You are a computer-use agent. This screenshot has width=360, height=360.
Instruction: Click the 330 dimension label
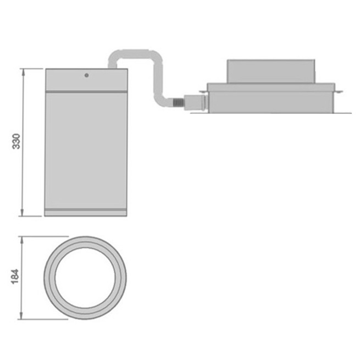(16, 141)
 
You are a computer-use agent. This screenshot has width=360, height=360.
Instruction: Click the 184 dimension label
(15, 276)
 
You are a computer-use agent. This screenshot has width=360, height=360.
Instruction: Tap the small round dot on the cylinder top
(86, 75)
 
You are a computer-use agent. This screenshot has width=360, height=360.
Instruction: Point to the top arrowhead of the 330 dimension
(23, 72)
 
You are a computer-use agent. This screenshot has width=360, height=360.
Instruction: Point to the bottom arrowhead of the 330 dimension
(23, 212)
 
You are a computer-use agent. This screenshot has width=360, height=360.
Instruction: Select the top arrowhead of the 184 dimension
(22, 240)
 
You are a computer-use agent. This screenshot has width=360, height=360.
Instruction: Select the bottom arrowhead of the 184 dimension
(21, 315)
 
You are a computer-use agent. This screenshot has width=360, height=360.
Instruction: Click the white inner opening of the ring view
(85, 278)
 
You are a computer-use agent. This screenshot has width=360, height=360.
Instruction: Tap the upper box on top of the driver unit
(271, 71)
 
